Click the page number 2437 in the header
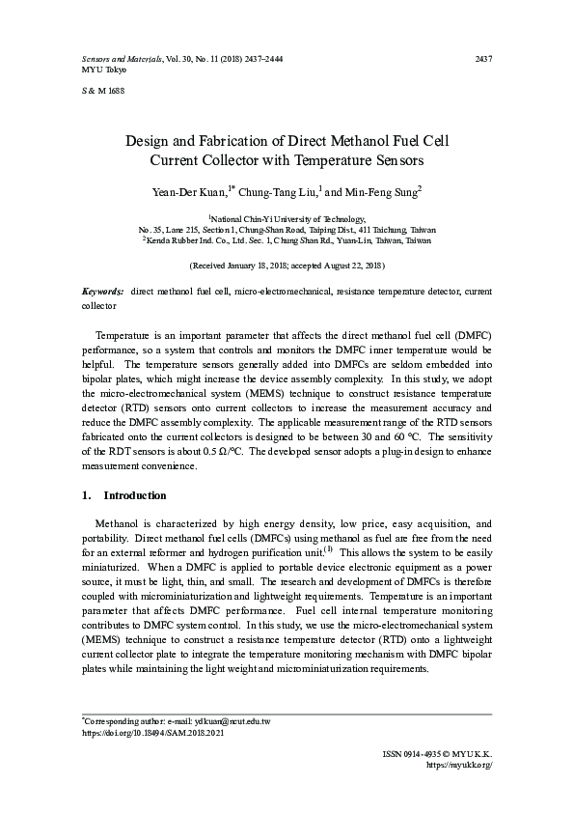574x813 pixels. point(484,60)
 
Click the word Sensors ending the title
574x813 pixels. point(397,159)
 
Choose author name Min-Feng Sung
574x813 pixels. point(381,192)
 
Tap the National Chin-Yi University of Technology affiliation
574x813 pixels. point(287,220)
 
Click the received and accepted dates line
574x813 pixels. point(287,265)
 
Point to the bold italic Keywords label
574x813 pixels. point(102,291)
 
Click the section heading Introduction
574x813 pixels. point(134,496)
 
